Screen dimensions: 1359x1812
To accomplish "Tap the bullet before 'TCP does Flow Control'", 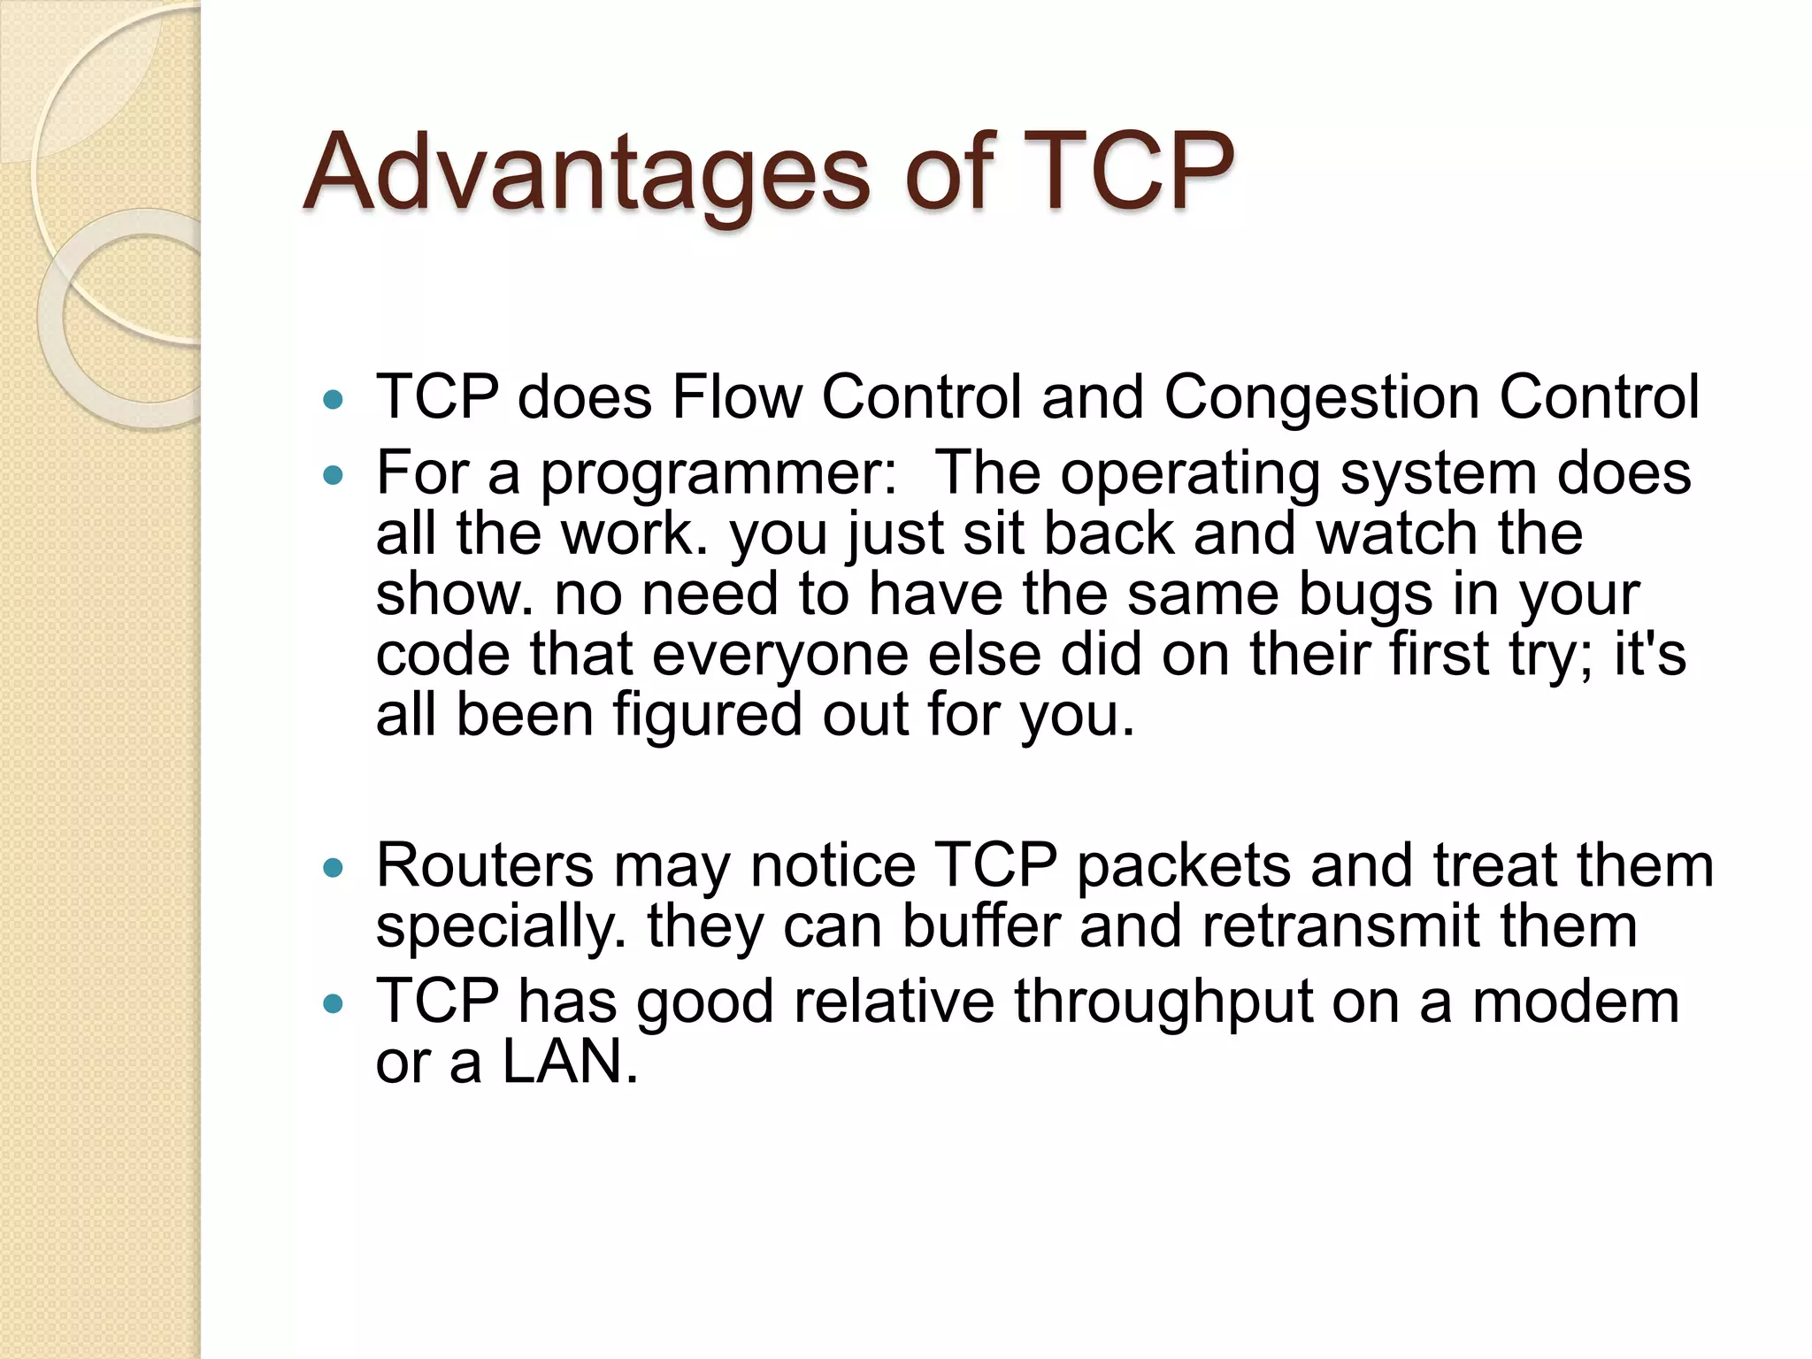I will pos(333,400).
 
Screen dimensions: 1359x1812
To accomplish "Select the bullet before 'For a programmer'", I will pos(333,476).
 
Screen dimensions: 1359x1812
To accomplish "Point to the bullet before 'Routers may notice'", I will pos(333,869).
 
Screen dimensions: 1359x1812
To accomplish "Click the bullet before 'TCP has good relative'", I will pos(333,1004).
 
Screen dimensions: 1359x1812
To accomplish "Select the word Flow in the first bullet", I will pos(736,396).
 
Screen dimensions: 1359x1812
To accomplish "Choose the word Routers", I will pos(484,865).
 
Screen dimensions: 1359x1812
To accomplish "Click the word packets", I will pos(1183,865).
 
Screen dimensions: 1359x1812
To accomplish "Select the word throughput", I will pos(1163,1004).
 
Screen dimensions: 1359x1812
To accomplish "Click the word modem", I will pos(1575,1002).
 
